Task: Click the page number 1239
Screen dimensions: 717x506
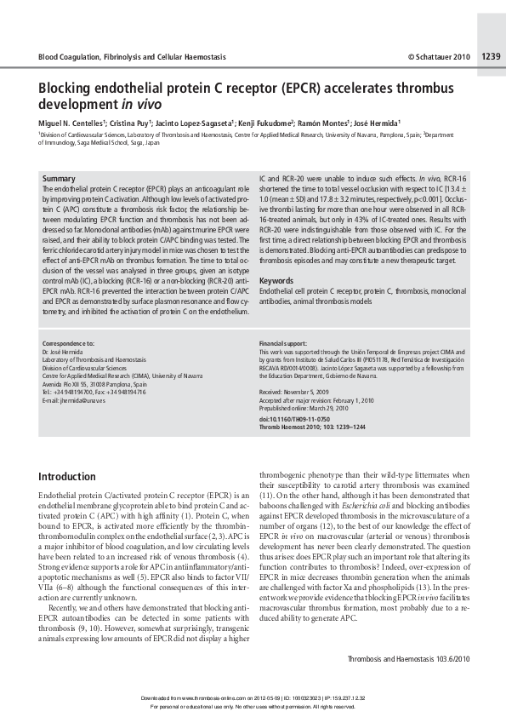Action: pos(491,57)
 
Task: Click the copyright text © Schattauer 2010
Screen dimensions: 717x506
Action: pos(438,57)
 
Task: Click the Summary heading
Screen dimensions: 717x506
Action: pos(58,178)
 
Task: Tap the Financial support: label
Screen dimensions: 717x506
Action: pos(284,342)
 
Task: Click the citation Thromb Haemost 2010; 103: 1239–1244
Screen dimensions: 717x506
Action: pos(312,427)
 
